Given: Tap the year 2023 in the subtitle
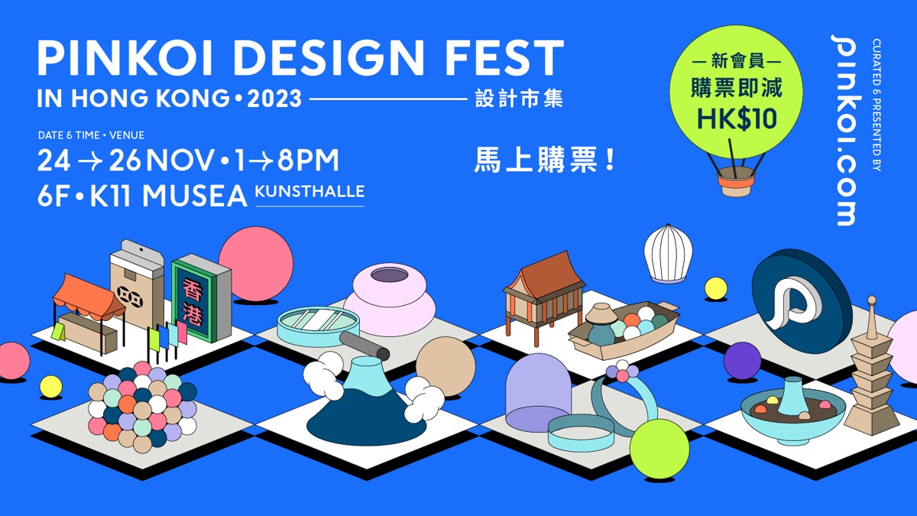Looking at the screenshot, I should (275, 99).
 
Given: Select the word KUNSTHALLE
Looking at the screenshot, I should (309, 191).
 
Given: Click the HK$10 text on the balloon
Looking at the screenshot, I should (737, 118).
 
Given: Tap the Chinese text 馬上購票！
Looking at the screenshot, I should (545, 161).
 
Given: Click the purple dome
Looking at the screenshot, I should (539, 390).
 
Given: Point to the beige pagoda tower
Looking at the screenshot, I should (871, 367).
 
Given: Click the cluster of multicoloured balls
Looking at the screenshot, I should (142, 405).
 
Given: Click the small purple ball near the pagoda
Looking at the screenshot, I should (741, 360).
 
